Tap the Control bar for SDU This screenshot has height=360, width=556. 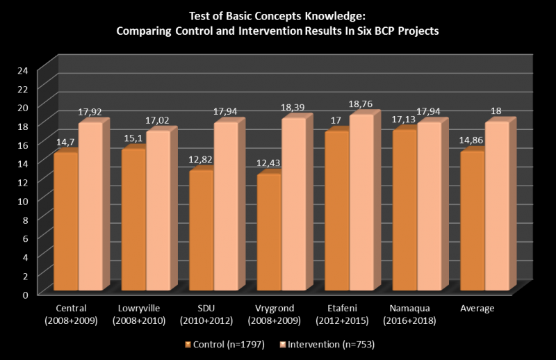click(x=201, y=230)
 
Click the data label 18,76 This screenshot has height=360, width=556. click(x=359, y=104)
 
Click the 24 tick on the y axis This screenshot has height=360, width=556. click(x=23, y=70)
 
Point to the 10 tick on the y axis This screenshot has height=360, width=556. click(x=23, y=201)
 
